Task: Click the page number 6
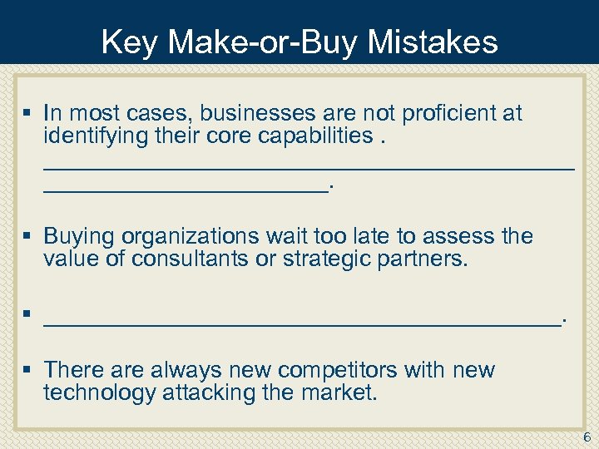click(x=587, y=437)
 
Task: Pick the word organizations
click(x=183, y=236)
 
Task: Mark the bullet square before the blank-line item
click(x=27, y=314)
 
